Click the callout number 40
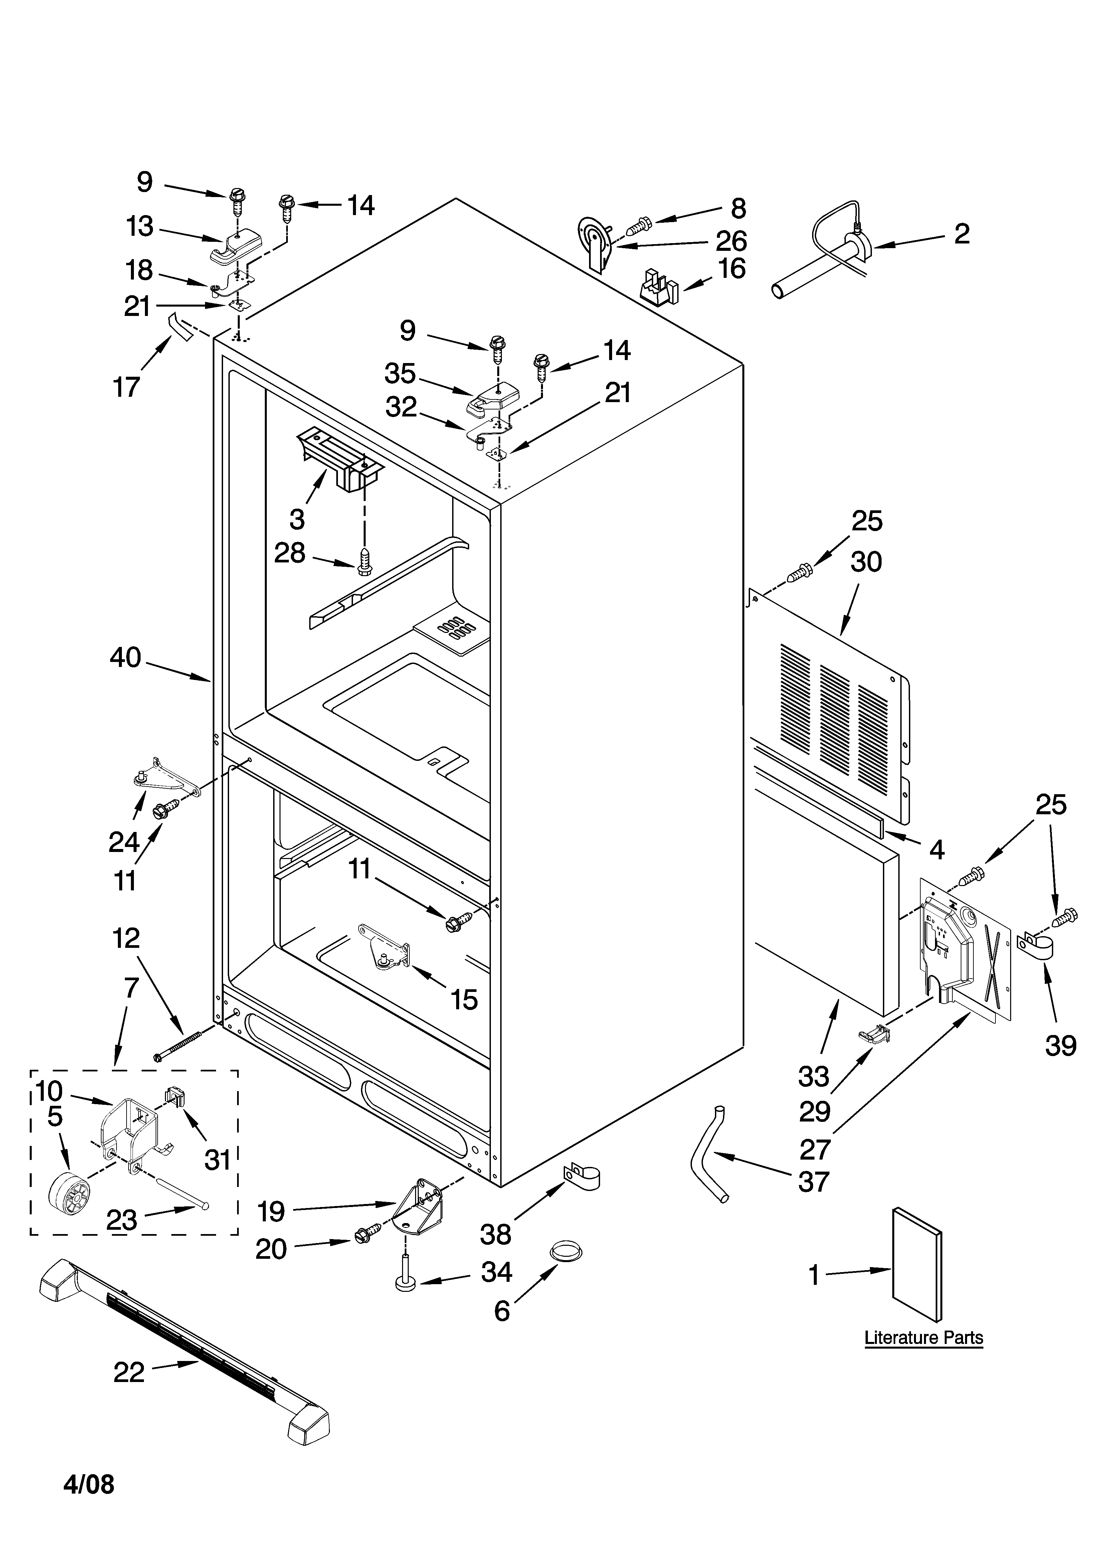(x=125, y=658)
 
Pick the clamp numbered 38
(x=581, y=1176)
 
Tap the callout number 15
(x=464, y=999)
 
